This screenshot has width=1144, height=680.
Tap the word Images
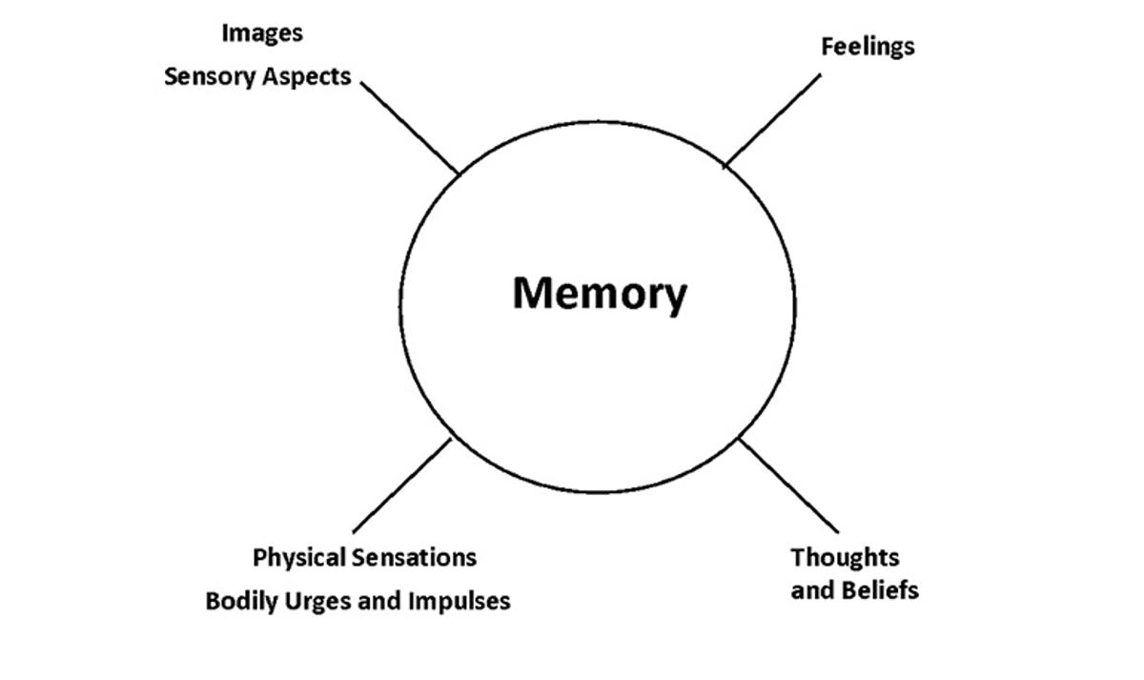pyautogui.click(x=262, y=33)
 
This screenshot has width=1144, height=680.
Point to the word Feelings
pyautogui.click(x=868, y=47)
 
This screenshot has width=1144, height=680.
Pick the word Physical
pyautogui.click(x=300, y=557)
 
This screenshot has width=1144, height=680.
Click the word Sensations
pyautogui.click(x=415, y=557)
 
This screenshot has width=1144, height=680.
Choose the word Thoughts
pyautogui.click(x=845, y=557)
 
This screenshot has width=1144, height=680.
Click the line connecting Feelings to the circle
pyautogui.click(x=772, y=121)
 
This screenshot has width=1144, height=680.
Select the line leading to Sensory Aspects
pyautogui.click(x=410, y=128)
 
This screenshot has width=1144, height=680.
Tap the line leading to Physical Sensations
pyautogui.click(x=401, y=485)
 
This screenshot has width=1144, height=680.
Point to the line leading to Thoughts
pyautogui.click(x=788, y=485)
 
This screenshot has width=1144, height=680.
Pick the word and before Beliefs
pyautogui.click(x=812, y=590)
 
